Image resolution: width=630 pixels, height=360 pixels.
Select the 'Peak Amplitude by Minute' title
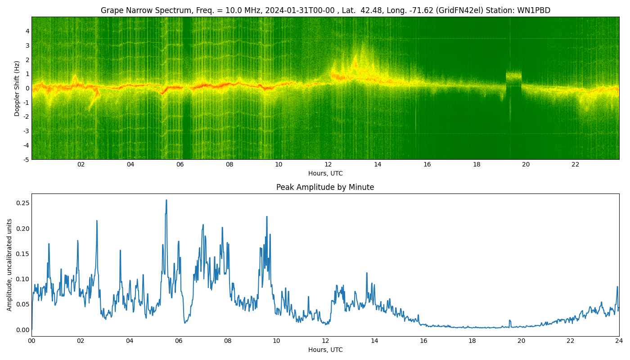click(325, 187)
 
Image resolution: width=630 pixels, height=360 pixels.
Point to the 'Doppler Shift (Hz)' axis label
click(17, 88)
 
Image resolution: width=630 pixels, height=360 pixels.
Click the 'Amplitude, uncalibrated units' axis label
click(9, 265)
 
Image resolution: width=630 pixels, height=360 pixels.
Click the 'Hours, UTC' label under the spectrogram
click(325, 173)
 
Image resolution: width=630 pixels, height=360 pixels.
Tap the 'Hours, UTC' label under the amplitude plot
click(325, 350)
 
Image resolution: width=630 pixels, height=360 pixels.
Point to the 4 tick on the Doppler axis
click(27, 31)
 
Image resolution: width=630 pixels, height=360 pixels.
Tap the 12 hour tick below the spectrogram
click(328, 165)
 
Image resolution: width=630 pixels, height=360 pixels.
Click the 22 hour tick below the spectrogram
click(575, 165)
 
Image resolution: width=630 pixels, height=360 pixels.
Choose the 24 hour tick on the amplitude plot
click(619, 341)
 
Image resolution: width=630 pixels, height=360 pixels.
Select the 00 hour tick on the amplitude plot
click(31, 341)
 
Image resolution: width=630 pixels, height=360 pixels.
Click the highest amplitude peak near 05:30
click(166, 200)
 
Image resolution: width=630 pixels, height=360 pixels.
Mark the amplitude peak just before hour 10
click(266, 217)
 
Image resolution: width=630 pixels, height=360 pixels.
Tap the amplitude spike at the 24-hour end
click(617, 287)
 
